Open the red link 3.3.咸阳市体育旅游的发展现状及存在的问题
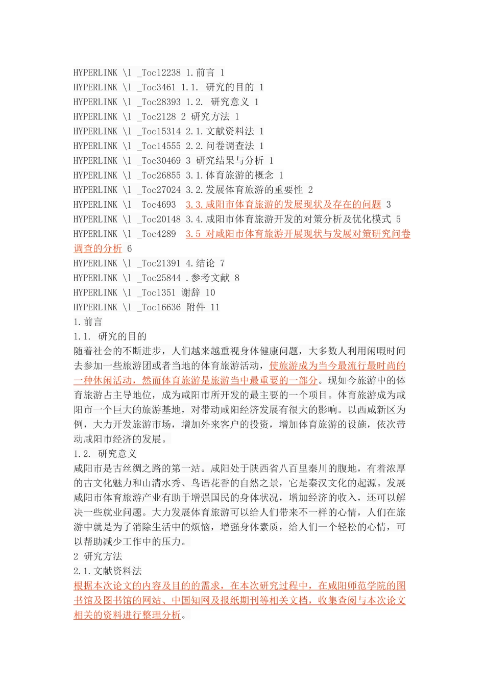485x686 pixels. [283, 205]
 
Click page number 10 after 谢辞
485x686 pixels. [210, 293]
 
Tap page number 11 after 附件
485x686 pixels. [215, 307]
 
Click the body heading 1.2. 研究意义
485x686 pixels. [105, 454]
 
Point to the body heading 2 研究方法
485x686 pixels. [98, 556]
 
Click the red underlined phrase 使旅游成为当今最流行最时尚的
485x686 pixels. [337, 366]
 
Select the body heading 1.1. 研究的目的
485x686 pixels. [110, 336]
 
